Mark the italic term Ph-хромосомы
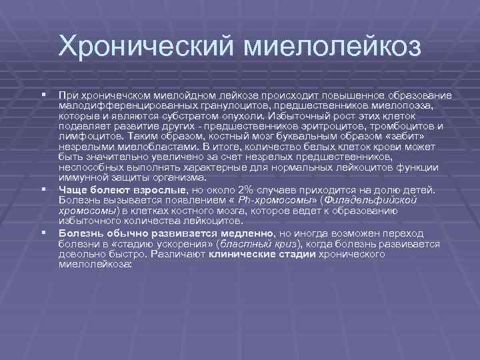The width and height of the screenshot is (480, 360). click(279, 200)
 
